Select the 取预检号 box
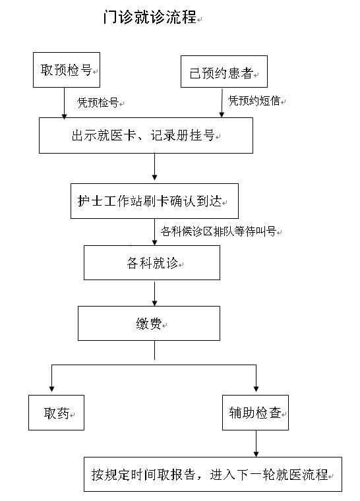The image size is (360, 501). click(x=67, y=70)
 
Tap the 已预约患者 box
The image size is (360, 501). click(x=224, y=72)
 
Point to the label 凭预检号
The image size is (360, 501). click(x=98, y=103)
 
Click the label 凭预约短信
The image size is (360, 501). click(x=254, y=101)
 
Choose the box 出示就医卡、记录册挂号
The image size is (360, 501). click(x=146, y=136)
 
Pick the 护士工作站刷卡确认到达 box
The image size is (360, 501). click(x=154, y=201)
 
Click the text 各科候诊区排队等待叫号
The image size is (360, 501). click(x=218, y=231)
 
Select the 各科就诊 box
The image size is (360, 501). click(x=152, y=262)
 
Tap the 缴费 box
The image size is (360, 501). click(x=149, y=324)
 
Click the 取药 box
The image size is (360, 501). click(x=56, y=413)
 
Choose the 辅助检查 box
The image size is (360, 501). click(x=255, y=413)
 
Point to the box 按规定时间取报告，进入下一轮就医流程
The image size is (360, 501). click(x=213, y=474)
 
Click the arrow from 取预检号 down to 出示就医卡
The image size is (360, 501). click(x=64, y=103)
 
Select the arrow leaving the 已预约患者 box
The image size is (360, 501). click(x=222, y=103)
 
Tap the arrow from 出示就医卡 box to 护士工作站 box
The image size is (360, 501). click(x=155, y=167)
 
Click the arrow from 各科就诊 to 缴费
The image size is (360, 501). click(x=155, y=293)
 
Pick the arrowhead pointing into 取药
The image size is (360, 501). click(x=51, y=389)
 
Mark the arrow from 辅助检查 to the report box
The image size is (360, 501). click(x=256, y=444)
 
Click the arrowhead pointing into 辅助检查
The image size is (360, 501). click(x=256, y=389)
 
